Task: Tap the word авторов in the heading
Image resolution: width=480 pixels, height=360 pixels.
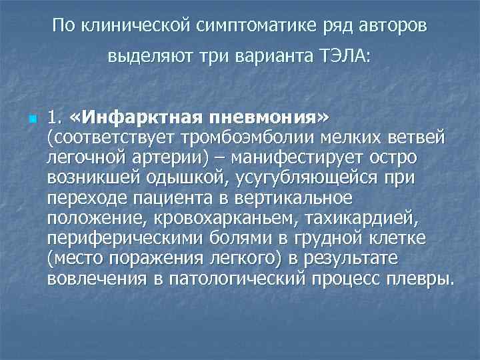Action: (397, 27)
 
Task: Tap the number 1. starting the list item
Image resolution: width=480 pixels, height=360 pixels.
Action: (55, 119)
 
